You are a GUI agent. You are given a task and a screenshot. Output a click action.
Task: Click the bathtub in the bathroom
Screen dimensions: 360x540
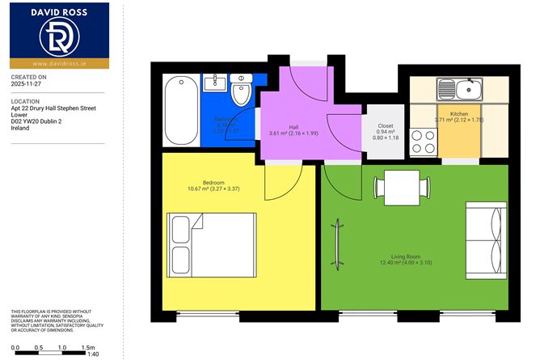pos(180,110)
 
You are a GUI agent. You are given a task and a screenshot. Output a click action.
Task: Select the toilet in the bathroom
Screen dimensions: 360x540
pos(242,94)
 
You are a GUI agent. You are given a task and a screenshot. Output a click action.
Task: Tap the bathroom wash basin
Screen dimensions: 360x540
pos(216,83)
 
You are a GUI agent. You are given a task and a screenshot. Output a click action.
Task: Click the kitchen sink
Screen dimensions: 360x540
pos(459,87)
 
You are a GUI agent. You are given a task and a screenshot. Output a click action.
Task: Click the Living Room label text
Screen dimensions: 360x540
pos(395,255)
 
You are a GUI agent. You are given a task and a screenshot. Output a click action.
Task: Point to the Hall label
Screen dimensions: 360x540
pos(294,126)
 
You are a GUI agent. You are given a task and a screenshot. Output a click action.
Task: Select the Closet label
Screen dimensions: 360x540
pos(386,125)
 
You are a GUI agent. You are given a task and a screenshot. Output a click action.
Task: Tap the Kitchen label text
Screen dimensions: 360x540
pos(459,113)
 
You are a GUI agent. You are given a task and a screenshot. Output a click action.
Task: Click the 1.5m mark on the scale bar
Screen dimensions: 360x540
pos(87,347)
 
